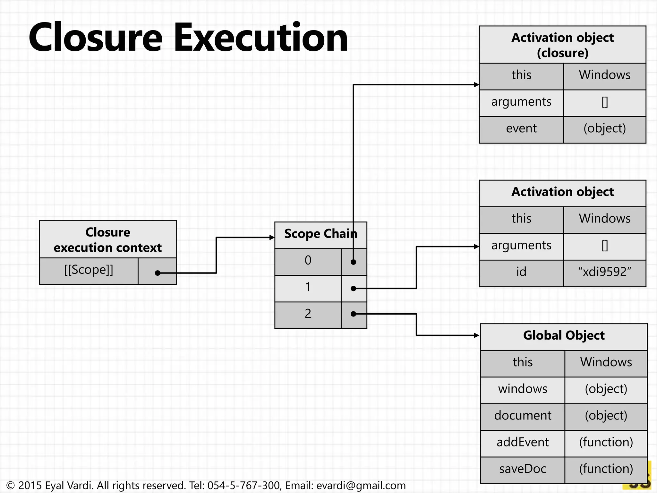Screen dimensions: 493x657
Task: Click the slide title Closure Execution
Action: pyautogui.click(x=188, y=37)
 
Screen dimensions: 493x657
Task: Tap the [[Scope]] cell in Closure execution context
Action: pyautogui.click(x=89, y=270)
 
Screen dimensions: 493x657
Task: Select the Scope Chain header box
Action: pyautogui.click(x=320, y=234)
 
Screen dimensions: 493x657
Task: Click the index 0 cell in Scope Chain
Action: pyautogui.click(x=308, y=261)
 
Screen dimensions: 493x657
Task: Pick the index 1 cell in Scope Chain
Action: pyautogui.click(x=308, y=288)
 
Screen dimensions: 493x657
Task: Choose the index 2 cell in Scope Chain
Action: pyautogui.click(x=308, y=314)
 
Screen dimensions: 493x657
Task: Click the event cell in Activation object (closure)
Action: pyautogui.click(x=521, y=129)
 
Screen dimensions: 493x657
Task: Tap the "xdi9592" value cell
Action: pyautogui.click(x=604, y=272)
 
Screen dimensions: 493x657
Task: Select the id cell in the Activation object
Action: pyautogui.click(x=521, y=272)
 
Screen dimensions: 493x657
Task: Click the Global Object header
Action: pyautogui.click(x=564, y=336)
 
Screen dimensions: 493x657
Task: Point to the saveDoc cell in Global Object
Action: pyautogui.click(x=523, y=470)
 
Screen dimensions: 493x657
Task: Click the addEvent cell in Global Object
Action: pyautogui.click(x=523, y=443)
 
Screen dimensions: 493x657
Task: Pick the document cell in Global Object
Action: pyautogui.click(x=523, y=416)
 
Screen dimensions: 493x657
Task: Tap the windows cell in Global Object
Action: pyautogui.click(x=523, y=389)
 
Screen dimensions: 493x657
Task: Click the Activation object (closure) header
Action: pyautogui.click(x=562, y=45)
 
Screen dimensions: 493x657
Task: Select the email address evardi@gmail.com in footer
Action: pyautogui.click(x=361, y=486)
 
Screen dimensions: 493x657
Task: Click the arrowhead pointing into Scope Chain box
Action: pyautogui.click(x=272, y=238)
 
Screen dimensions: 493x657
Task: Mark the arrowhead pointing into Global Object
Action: pyautogui.click(x=477, y=335)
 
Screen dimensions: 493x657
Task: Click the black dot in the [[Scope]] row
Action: pyautogui.click(x=158, y=273)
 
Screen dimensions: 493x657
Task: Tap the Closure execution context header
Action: pyautogui.click(x=108, y=240)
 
